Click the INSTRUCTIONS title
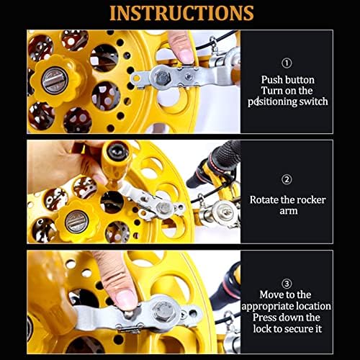(181, 13)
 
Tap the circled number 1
(287, 63)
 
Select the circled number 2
(287, 179)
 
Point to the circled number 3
(287, 284)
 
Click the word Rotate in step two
(264, 200)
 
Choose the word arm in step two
(289, 211)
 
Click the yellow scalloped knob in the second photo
(77, 222)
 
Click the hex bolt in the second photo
(165, 207)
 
